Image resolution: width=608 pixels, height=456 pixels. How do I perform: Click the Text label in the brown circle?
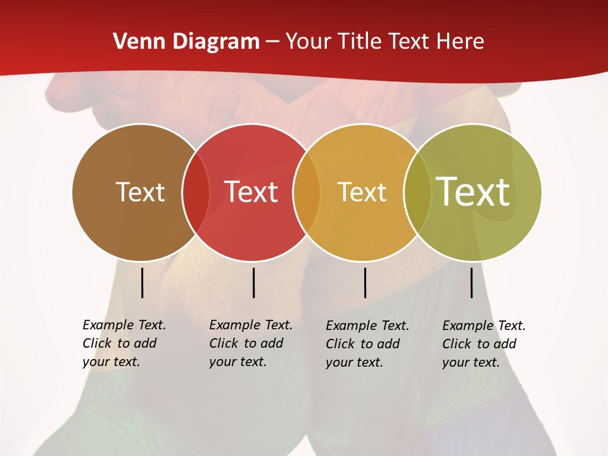(x=140, y=192)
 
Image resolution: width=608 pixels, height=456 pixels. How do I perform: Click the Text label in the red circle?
(x=251, y=192)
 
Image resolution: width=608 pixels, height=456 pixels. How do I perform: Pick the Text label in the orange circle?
(x=362, y=192)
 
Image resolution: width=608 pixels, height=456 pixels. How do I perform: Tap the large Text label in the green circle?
(x=473, y=192)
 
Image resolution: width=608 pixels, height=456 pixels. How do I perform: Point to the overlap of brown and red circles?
(x=196, y=193)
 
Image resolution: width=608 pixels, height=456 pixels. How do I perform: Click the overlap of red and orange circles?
(x=307, y=193)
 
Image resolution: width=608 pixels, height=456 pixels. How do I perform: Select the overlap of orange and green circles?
(x=417, y=193)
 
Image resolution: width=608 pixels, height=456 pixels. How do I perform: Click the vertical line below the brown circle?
(x=142, y=282)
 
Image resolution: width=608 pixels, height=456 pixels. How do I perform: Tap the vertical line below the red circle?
(x=253, y=282)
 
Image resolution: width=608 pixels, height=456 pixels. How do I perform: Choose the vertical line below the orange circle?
(x=365, y=282)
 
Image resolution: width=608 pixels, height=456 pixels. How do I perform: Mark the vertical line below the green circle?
(x=471, y=282)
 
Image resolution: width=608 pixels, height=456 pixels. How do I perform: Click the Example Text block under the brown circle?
(x=124, y=343)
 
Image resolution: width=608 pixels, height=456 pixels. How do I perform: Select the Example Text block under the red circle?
(x=251, y=343)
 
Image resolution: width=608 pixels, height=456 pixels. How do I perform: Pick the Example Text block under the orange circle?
(x=367, y=344)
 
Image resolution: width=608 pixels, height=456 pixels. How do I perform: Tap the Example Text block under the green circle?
(x=484, y=344)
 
